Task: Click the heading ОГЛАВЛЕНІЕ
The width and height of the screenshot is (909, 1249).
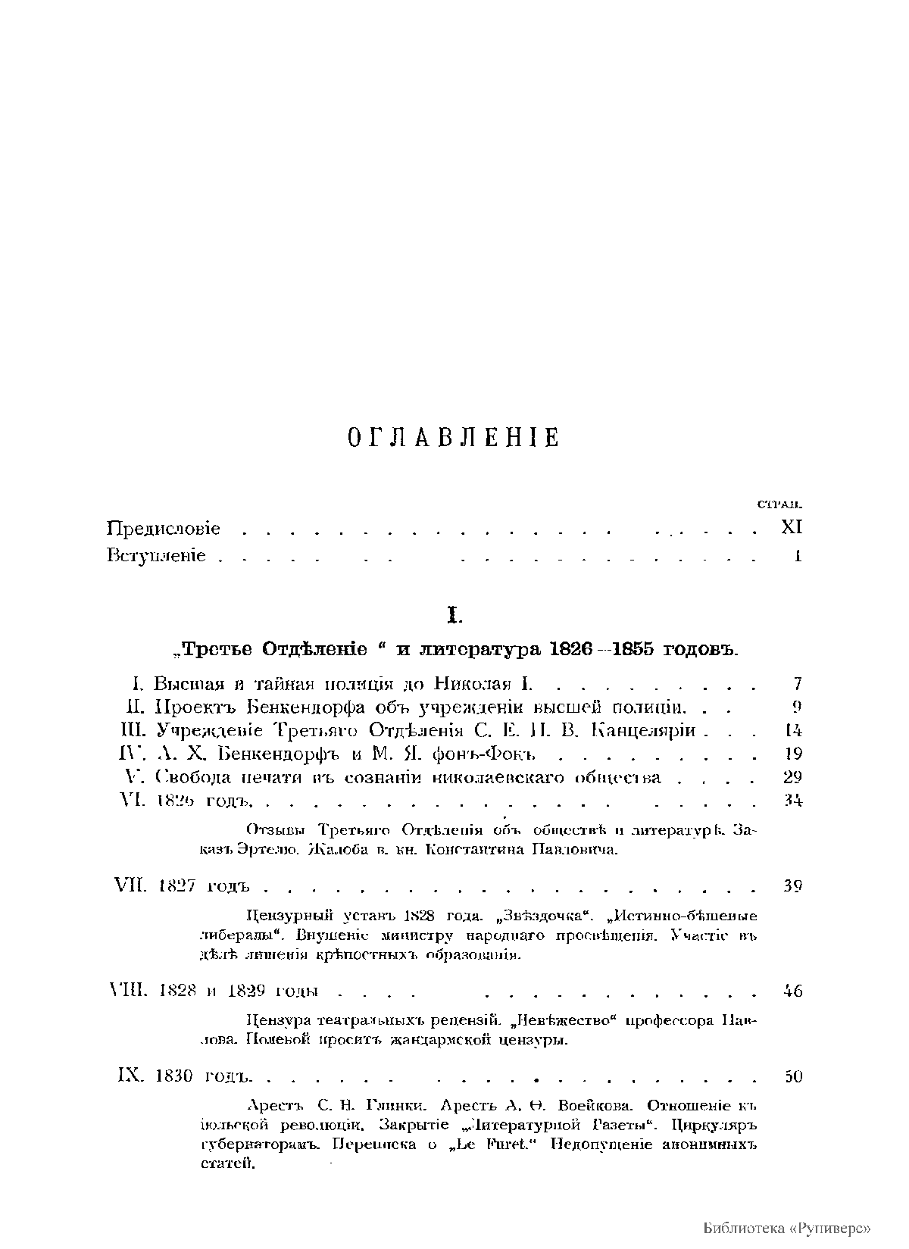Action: tap(453, 438)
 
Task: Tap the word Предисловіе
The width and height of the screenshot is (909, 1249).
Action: tap(164, 527)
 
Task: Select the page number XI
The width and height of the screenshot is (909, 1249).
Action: tap(792, 527)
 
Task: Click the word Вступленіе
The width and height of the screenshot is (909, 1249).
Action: tap(156, 557)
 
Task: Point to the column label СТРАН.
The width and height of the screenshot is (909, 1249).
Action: tap(780, 504)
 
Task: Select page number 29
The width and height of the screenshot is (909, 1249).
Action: tap(792, 777)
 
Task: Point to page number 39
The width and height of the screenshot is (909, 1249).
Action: tap(792, 885)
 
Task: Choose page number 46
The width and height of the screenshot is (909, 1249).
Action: tap(792, 991)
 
